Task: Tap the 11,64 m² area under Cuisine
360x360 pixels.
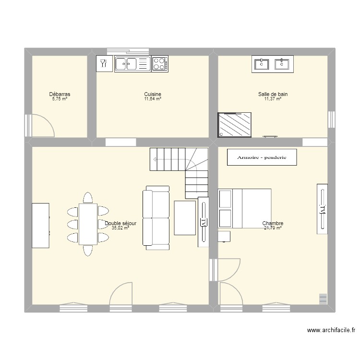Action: tap(153, 99)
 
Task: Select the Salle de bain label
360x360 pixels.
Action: tap(273, 95)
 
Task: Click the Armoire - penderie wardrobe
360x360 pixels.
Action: tap(262, 157)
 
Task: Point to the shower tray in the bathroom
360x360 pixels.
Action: tap(235, 125)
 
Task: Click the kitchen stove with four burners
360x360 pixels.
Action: tap(160, 64)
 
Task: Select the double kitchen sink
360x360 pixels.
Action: tap(132, 64)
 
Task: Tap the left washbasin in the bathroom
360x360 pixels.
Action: tap(262, 63)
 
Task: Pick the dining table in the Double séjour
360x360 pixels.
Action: tap(88, 224)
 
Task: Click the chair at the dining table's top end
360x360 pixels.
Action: tap(88, 198)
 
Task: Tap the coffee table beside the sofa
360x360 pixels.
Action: tap(185, 218)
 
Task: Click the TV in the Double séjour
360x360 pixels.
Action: tap(204, 222)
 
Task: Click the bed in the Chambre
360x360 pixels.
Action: tap(245, 208)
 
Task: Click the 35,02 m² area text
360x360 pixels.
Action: tap(120, 228)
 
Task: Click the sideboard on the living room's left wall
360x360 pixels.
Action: tap(41, 225)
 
